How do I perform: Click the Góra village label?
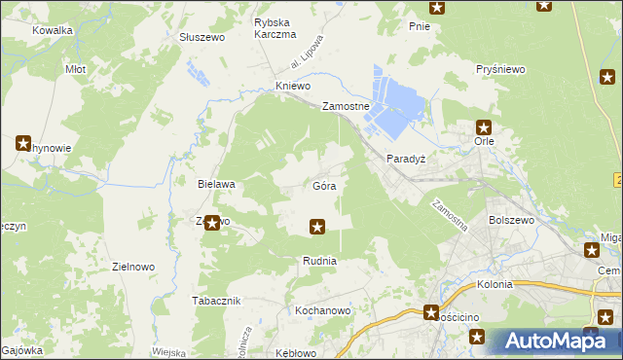click(x=325, y=185)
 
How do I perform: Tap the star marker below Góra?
click(x=316, y=228)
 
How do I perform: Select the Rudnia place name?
click(x=319, y=261)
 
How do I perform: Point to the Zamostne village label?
click(x=346, y=106)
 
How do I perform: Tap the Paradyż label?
click(x=405, y=158)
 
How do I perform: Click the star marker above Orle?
click(x=484, y=126)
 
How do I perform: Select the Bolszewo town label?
click(x=513, y=221)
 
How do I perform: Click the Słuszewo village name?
click(x=202, y=37)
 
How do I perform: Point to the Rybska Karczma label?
click(x=275, y=28)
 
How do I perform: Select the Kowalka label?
click(x=53, y=30)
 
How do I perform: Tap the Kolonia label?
click(x=495, y=285)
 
